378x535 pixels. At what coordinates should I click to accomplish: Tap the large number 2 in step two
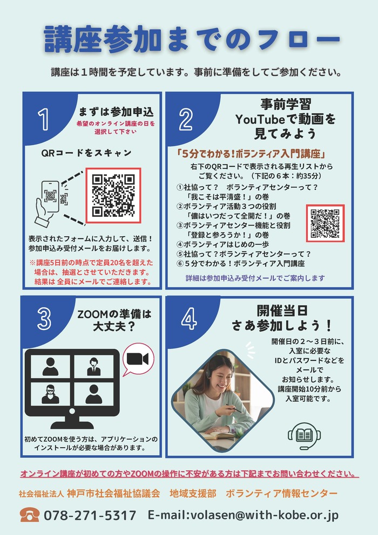click(186, 120)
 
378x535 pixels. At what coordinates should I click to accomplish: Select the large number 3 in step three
click(44, 319)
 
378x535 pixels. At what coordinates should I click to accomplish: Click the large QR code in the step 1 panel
click(113, 196)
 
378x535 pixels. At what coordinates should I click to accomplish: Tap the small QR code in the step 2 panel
click(325, 223)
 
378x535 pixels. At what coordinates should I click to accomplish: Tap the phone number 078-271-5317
click(90, 515)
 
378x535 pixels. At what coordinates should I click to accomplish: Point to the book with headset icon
click(304, 436)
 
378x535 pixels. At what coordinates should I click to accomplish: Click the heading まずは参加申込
click(116, 112)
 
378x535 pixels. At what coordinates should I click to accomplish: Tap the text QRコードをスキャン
click(86, 153)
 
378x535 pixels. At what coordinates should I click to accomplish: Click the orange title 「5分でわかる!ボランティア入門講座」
click(251, 154)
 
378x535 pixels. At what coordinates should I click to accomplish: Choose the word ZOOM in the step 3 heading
click(93, 314)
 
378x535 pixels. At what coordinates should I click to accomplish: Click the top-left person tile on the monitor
click(50, 366)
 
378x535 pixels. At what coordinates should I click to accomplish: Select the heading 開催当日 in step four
click(282, 311)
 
